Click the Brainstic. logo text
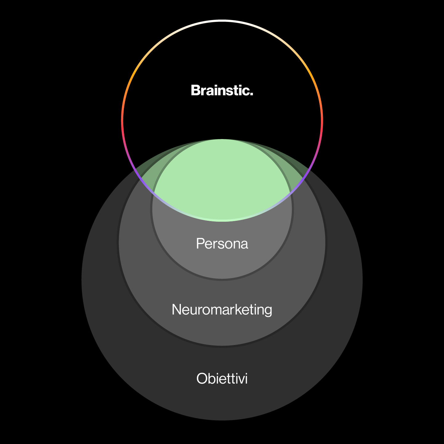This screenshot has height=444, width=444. (x=222, y=91)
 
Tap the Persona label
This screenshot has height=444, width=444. (x=222, y=244)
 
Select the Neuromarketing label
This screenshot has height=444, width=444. (x=222, y=310)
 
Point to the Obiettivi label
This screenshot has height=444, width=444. (x=222, y=379)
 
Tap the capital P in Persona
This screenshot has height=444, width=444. (x=200, y=244)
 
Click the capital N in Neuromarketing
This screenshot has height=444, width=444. (x=176, y=310)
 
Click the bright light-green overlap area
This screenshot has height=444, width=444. (x=222, y=179)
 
